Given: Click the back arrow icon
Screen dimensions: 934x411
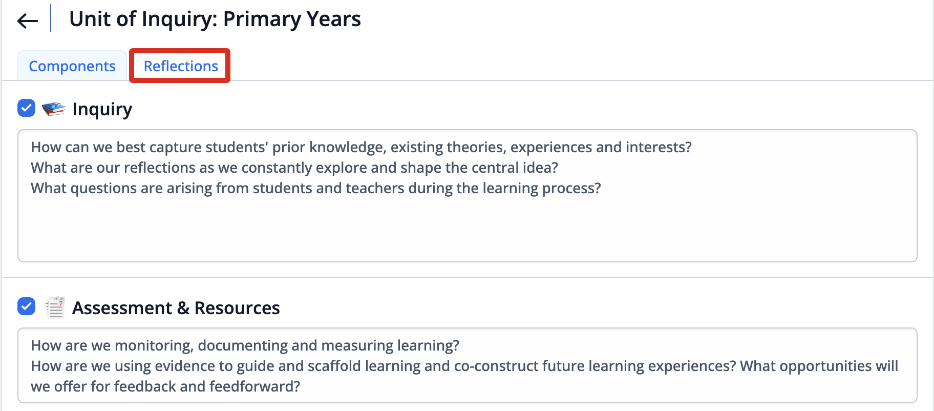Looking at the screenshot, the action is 28,20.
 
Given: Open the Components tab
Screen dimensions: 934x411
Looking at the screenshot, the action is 72,66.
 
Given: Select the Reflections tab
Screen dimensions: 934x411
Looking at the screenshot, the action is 181,66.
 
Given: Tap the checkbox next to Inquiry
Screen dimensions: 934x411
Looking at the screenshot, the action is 26,108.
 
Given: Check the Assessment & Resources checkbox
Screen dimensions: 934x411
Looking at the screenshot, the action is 26,306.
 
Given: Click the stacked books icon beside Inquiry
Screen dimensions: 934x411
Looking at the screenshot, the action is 54,109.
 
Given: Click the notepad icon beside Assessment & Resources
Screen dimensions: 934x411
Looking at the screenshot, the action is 54,307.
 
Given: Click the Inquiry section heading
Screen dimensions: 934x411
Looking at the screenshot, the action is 102,109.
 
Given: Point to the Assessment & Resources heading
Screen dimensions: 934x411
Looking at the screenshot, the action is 176,308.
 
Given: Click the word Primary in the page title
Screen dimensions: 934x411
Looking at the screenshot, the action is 262,19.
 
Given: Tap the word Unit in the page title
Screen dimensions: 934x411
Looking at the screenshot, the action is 90,19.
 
